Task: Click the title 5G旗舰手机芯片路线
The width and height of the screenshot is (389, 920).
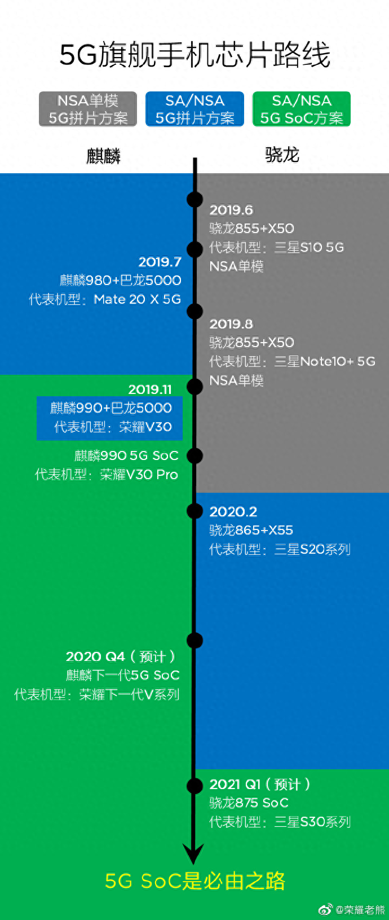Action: [x=194, y=55]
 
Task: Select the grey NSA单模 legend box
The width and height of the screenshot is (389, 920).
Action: [x=88, y=109]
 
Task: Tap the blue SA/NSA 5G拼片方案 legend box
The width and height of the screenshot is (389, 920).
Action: [x=194, y=109]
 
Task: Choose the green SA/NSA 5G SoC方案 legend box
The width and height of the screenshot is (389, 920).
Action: [x=302, y=109]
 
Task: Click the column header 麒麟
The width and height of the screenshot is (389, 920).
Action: [x=103, y=156]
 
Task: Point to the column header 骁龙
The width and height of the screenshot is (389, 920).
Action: [x=282, y=154]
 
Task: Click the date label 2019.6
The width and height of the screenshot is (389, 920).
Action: [x=231, y=210]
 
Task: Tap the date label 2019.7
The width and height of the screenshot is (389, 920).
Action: [x=160, y=262]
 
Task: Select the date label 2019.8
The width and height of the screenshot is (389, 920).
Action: [x=231, y=324]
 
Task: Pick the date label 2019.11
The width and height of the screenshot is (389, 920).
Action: [x=150, y=389]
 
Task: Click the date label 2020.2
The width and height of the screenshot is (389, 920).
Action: [x=233, y=511]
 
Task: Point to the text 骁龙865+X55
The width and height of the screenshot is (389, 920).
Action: [x=251, y=530]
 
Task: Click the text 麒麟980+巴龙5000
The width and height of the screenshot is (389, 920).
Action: [x=121, y=281]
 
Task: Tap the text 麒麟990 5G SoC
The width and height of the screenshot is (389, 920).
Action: [x=126, y=455]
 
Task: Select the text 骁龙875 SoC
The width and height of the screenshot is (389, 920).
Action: [x=249, y=803]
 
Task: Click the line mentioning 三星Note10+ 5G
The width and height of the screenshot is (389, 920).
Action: [x=292, y=361]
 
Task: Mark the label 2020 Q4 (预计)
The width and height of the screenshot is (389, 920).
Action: [x=121, y=656]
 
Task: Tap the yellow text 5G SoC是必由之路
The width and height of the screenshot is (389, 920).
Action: [x=195, y=881]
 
